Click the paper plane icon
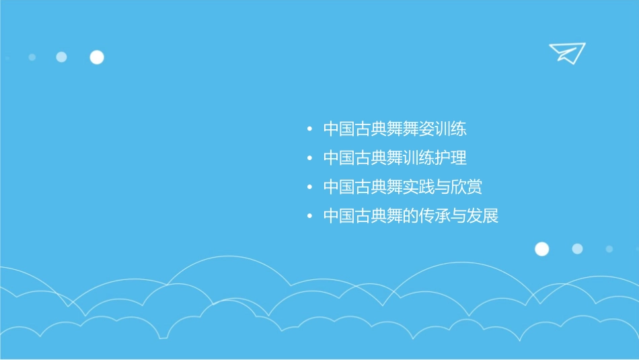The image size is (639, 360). (x=566, y=52)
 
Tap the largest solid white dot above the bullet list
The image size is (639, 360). (x=97, y=57)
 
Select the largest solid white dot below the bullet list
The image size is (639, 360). (x=541, y=249)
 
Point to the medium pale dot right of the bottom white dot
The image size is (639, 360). (x=577, y=249)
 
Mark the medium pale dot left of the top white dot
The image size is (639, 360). (x=61, y=57)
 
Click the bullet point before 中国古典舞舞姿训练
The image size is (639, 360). (x=309, y=129)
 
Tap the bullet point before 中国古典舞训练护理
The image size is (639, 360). (x=309, y=159)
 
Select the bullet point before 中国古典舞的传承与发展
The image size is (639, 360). (x=309, y=217)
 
